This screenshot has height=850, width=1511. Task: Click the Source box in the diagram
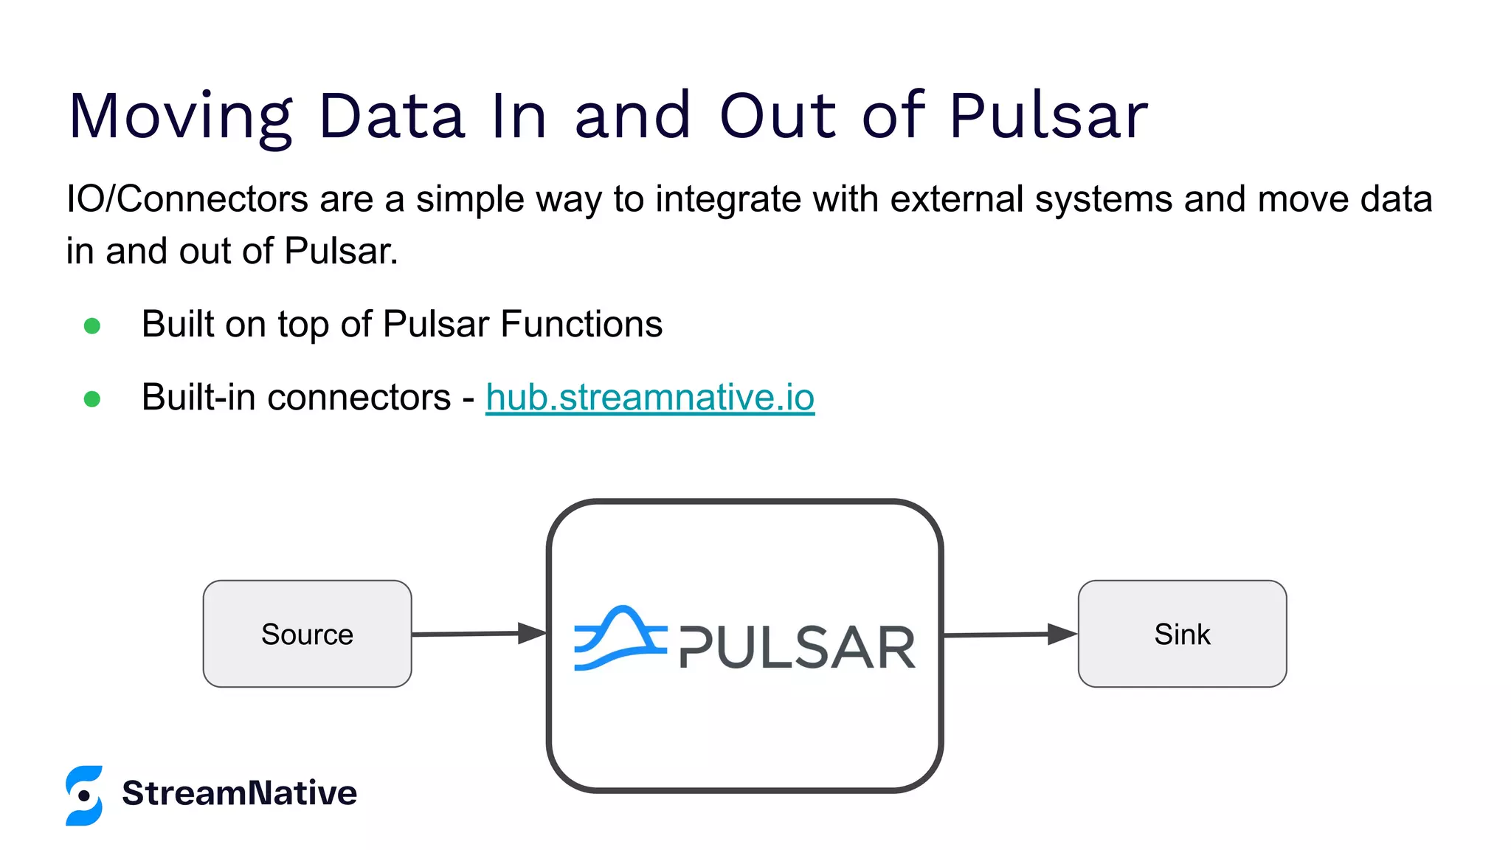click(307, 634)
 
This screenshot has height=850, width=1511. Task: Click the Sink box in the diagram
click(1182, 634)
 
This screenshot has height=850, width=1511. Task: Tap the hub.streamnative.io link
click(649, 398)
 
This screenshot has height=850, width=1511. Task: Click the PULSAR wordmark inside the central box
click(797, 648)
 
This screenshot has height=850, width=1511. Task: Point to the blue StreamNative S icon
click(84, 795)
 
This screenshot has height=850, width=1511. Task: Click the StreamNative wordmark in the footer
click(239, 793)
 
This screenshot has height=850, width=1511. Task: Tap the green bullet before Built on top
click(92, 325)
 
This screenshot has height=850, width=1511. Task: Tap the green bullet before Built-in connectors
click(92, 399)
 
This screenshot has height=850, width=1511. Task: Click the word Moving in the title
click(181, 117)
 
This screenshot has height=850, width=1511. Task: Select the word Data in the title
click(391, 117)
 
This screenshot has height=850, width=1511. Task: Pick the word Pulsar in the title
click(1048, 117)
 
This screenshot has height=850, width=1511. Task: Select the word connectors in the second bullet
click(359, 398)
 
